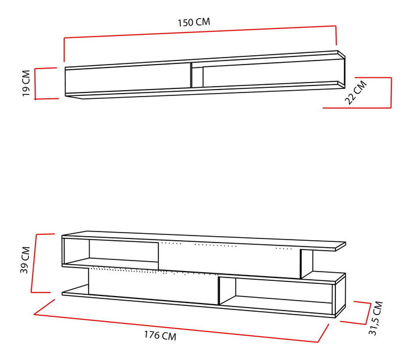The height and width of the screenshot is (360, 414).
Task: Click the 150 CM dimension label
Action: point(194,22)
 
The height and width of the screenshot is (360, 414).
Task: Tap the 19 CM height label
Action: point(26,83)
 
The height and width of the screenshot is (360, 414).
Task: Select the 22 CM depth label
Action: point(356,92)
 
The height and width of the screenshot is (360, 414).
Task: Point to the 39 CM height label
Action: point(25,262)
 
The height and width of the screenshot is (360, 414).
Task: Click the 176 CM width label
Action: point(160,336)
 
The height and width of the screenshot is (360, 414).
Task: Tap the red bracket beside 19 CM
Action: point(36,84)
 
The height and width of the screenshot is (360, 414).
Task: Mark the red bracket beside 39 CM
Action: point(35,263)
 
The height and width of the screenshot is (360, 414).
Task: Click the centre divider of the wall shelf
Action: point(191,74)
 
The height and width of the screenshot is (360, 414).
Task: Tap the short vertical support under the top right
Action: point(306,263)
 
